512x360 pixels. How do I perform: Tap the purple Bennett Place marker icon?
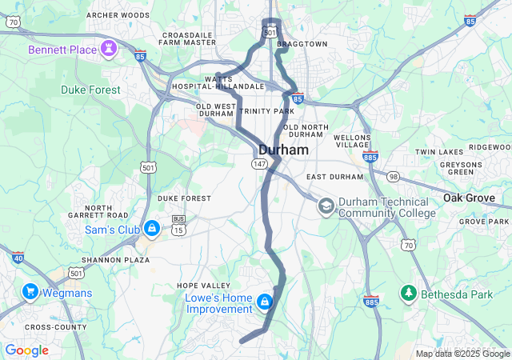[109, 50]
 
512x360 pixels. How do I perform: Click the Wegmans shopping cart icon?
[31, 292]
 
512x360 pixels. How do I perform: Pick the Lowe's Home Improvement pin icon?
[264, 302]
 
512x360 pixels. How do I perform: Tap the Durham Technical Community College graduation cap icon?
[326, 206]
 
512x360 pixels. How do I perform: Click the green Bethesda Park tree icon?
[409, 294]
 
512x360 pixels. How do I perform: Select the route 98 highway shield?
[393, 176]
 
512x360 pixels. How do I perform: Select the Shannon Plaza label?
[116, 260]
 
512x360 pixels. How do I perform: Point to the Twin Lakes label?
[439, 152]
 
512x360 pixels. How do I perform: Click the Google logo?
[26, 350]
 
